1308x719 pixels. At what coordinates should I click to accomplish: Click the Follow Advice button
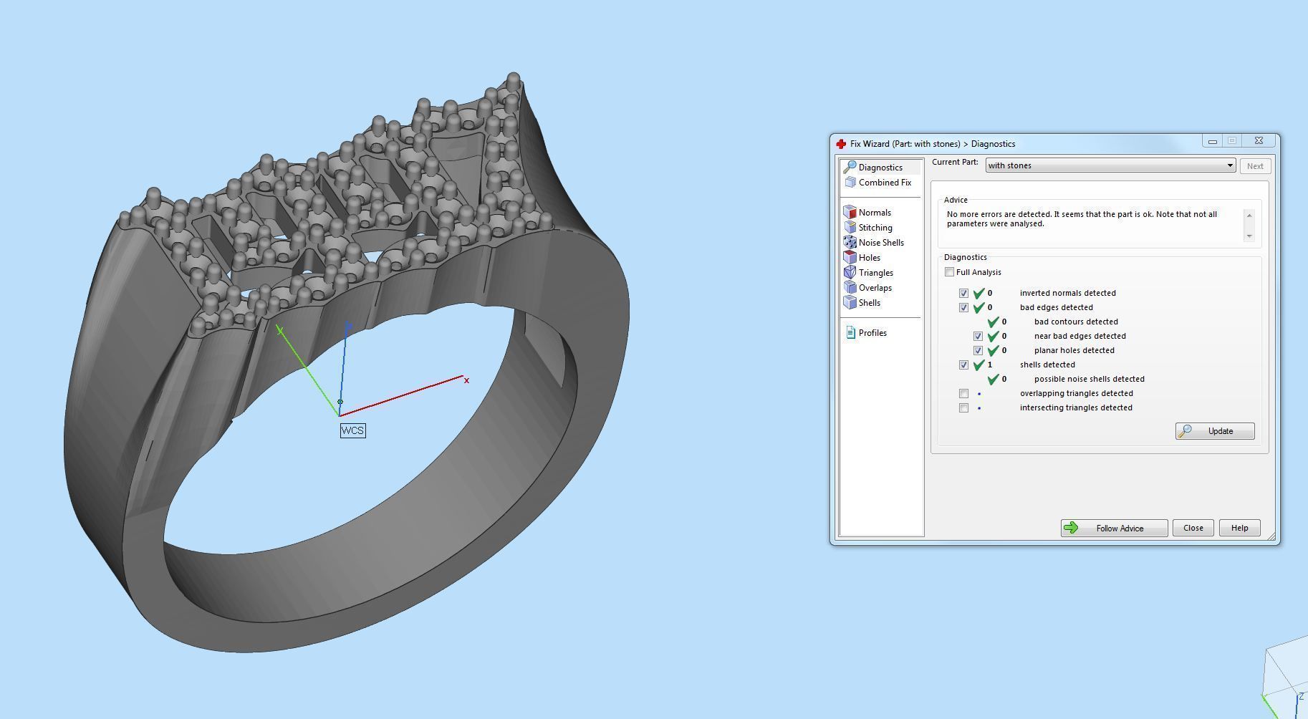click(1114, 529)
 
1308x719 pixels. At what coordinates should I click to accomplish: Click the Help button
click(1239, 528)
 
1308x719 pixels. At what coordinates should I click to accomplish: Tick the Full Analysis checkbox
click(950, 272)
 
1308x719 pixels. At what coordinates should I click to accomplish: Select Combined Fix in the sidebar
click(884, 183)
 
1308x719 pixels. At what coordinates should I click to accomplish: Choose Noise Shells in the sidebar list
click(880, 243)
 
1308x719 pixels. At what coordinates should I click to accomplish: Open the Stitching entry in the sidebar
click(875, 228)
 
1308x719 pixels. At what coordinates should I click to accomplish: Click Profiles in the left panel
click(872, 333)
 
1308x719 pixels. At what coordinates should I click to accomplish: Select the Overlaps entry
click(875, 288)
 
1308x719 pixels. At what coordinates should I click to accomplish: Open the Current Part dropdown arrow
click(1230, 165)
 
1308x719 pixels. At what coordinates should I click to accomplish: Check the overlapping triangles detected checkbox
click(963, 394)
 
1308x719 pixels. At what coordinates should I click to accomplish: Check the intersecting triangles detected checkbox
click(963, 408)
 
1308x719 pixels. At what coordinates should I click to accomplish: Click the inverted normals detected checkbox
click(963, 294)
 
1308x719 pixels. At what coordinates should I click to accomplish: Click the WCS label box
click(352, 430)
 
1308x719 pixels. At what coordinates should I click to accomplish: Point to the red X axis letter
click(466, 380)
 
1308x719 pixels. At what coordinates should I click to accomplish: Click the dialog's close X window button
click(1259, 140)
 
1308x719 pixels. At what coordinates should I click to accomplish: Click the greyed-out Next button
click(1254, 166)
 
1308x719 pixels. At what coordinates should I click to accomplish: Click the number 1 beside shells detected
click(990, 365)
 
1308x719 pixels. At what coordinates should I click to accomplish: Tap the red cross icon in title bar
click(842, 144)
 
